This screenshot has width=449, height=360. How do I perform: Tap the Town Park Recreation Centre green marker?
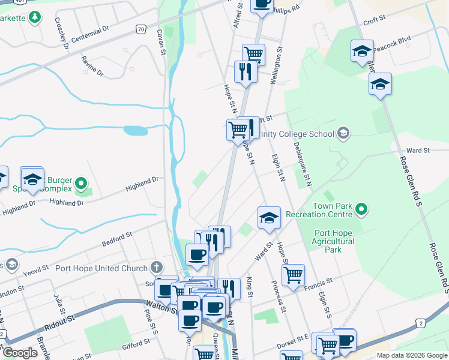click(x=361, y=209)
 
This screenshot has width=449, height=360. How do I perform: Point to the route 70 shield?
click(x=140, y=28)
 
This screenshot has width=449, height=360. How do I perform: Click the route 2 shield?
click(x=421, y=324)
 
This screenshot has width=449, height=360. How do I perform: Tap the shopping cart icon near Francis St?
click(x=293, y=275)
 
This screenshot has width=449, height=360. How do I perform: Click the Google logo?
click(x=19, y=353)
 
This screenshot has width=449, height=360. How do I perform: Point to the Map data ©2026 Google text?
click(x=411, y=355)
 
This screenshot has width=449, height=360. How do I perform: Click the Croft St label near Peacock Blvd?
click(x=374, y=21)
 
